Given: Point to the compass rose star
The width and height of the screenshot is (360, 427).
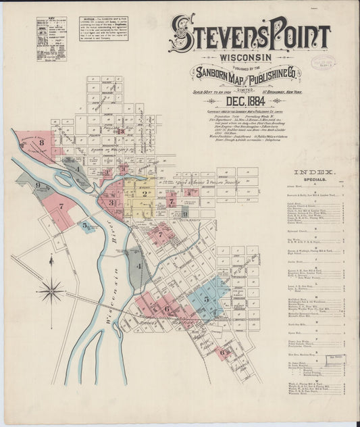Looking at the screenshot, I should pyautogui.click(x=51, y=292).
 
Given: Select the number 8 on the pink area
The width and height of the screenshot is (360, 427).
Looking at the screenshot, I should pyautogui.click(x=42, y=143).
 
